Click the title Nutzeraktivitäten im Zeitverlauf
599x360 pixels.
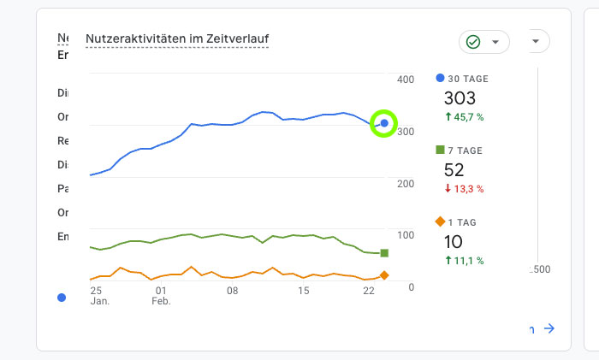176,38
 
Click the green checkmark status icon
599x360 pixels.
473,42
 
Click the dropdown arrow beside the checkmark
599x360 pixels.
495,42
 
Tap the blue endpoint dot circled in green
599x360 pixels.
384,124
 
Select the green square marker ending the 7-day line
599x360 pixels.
384,253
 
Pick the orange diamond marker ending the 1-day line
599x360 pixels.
384,275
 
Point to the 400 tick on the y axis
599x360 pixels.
405,80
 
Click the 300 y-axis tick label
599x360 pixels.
405,132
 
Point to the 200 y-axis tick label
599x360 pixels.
405,183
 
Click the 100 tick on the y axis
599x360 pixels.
405,235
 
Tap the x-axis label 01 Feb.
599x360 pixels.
161,296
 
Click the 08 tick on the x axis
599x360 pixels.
232,291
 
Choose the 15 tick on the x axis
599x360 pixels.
304,291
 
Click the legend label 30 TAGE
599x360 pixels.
468,79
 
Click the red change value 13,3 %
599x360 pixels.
468,188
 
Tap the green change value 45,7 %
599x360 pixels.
468,116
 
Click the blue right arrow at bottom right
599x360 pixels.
549,328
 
